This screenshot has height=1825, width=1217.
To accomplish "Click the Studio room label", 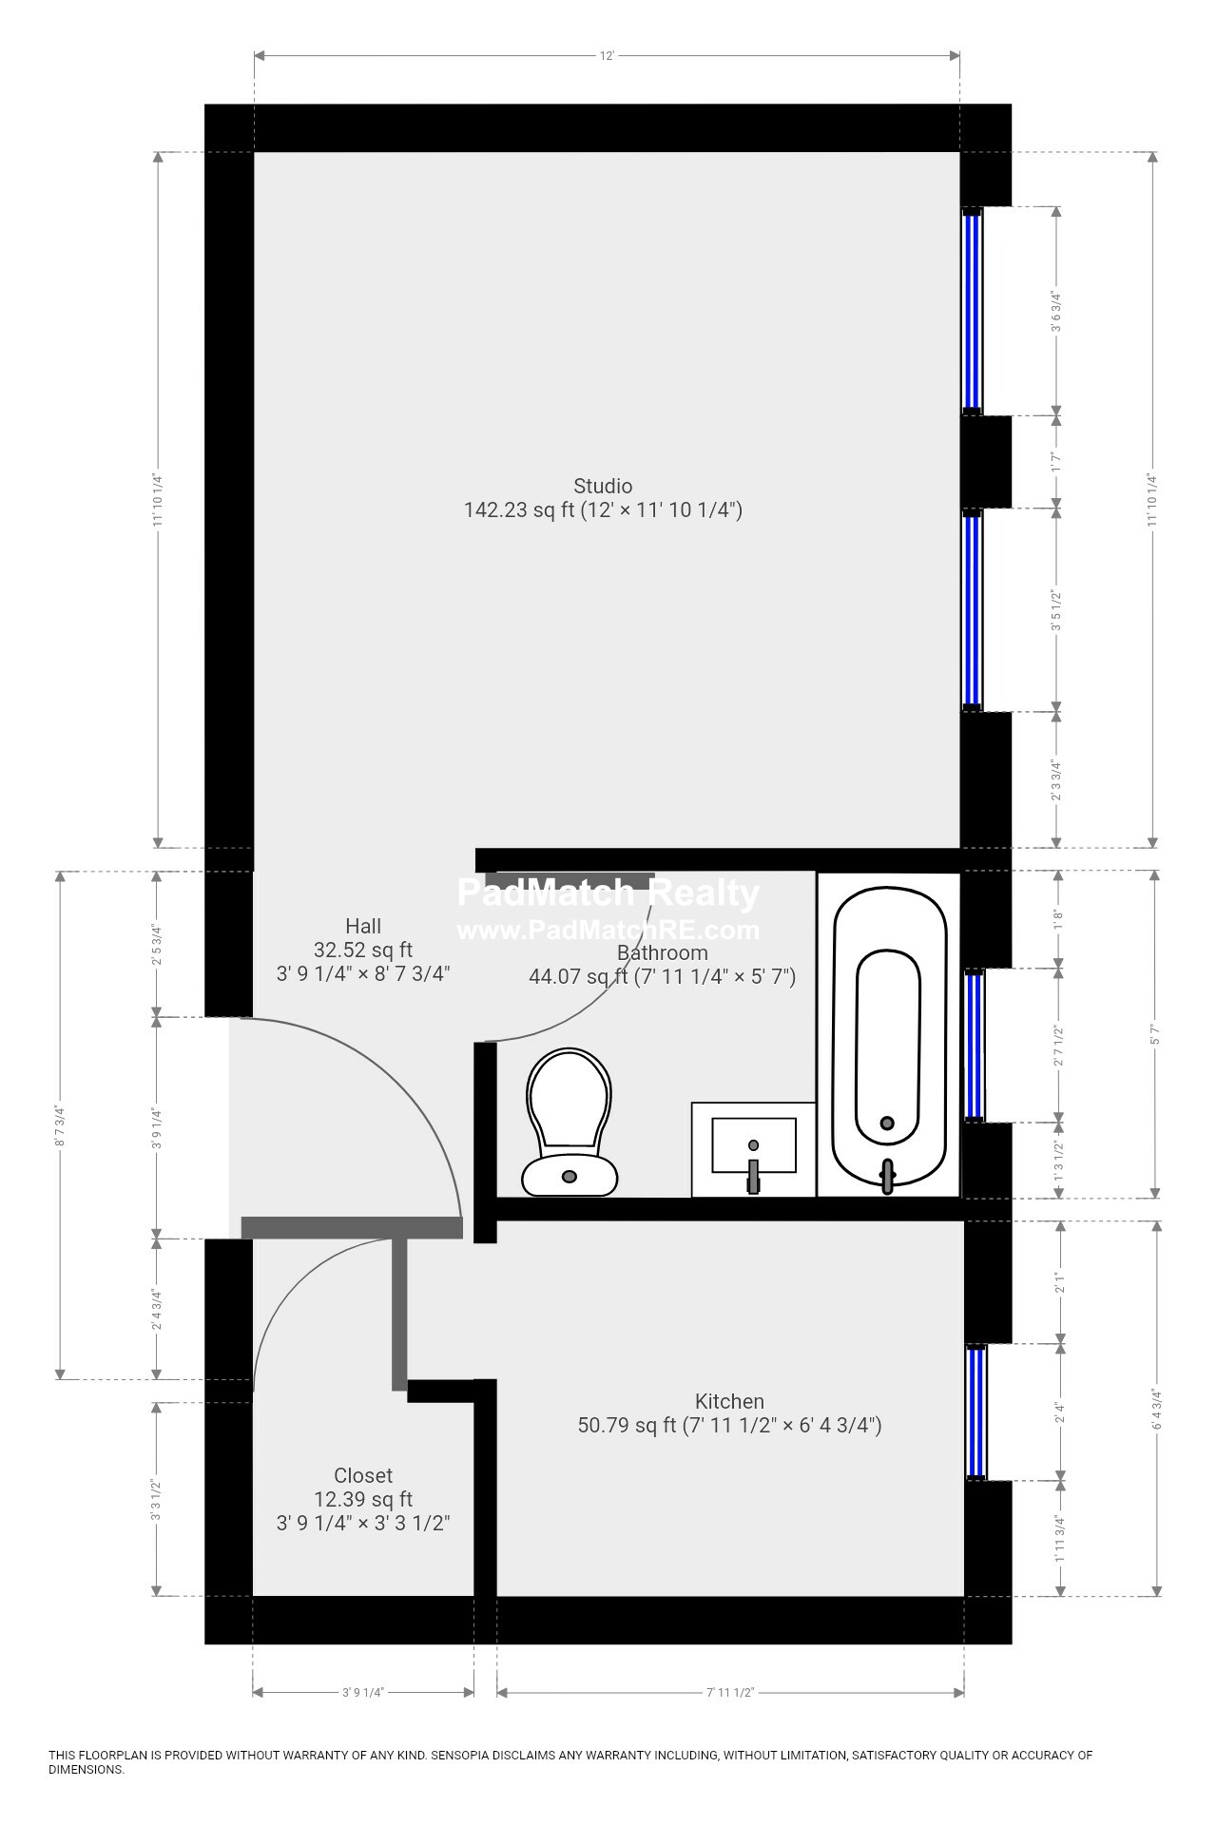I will pyautogui.click(x=602, y=486).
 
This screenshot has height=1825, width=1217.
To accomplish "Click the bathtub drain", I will pyautogui.click(x=887, y=1123).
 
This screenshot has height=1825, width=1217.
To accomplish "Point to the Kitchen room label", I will pyautogui.click(x=729, y=1401).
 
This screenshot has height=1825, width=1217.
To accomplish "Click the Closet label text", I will pyautogui.click(x=362, y=1475).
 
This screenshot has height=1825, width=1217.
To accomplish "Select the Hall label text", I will pyautogui.click(x=362, y=926).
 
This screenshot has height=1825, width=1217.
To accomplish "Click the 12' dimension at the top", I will pyautogui.click(x=607, y=56).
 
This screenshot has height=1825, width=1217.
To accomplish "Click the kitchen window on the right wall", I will pyautogui.click(x=976, y=1412).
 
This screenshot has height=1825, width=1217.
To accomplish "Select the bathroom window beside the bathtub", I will pyautogui.click(x=974, y=1045).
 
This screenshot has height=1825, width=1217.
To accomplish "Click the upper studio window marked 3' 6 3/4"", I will pyautogui.click(x=972, y=311).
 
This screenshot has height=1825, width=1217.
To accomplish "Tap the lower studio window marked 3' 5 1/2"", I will pyautogui.click(x=972, y=609).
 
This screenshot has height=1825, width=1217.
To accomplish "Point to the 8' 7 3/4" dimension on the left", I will pyautogui.click(x=61, y=1124).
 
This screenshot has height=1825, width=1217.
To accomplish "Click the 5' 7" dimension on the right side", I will pyautogui.click(x=1156, y=1033).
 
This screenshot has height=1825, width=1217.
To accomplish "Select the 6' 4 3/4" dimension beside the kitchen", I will pyautogui.click(x=1157, y=1409).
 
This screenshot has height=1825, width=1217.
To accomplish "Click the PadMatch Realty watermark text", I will pyautogui.click(x=608, y=893).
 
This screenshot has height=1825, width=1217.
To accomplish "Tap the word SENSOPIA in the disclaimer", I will pyautogui.click(x=462, y=1756).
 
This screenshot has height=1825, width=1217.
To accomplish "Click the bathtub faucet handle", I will pyautogui.click(x=888, y=1176).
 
